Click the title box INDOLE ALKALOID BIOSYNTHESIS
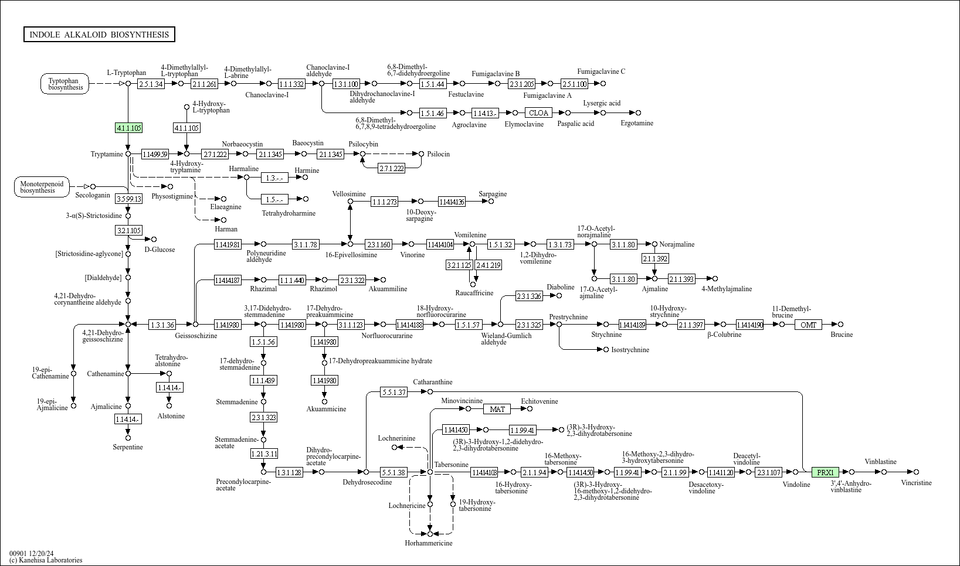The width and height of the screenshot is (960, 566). [99, 35]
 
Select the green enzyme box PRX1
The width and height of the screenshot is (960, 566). [825, 472]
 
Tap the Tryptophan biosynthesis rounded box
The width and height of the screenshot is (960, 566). [65, 84]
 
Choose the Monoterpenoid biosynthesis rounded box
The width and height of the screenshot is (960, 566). [41, 187]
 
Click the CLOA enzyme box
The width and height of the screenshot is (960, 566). [538, 113]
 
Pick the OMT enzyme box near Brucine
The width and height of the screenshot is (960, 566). [808, 325]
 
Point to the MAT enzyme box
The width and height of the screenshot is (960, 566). [497, 409]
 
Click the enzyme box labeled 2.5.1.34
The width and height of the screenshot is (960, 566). [151, 84]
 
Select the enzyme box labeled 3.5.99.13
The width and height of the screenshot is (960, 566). [129, 199]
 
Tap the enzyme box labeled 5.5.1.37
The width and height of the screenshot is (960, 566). [393, 392]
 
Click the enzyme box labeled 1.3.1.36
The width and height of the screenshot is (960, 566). [162, 325]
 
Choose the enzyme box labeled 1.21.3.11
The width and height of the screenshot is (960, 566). [264, 454]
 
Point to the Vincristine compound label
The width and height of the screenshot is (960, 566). [916, 483]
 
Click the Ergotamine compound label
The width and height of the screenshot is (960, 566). [636, 123]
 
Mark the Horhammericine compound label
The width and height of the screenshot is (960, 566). [429, 543]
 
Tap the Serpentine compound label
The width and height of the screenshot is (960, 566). [128, 447]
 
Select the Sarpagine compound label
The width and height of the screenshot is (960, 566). [493, 194]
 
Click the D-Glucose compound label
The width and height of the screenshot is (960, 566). [160, 250]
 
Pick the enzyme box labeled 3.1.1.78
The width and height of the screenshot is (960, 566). [306, 244]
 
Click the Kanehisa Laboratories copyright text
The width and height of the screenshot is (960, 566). [46, 560]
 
